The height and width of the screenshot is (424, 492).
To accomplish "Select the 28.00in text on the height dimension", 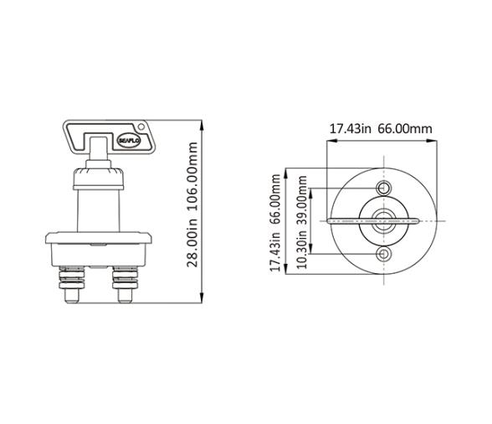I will [x=193, y=244].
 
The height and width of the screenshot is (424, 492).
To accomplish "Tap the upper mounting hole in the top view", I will [x=384, y=186].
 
